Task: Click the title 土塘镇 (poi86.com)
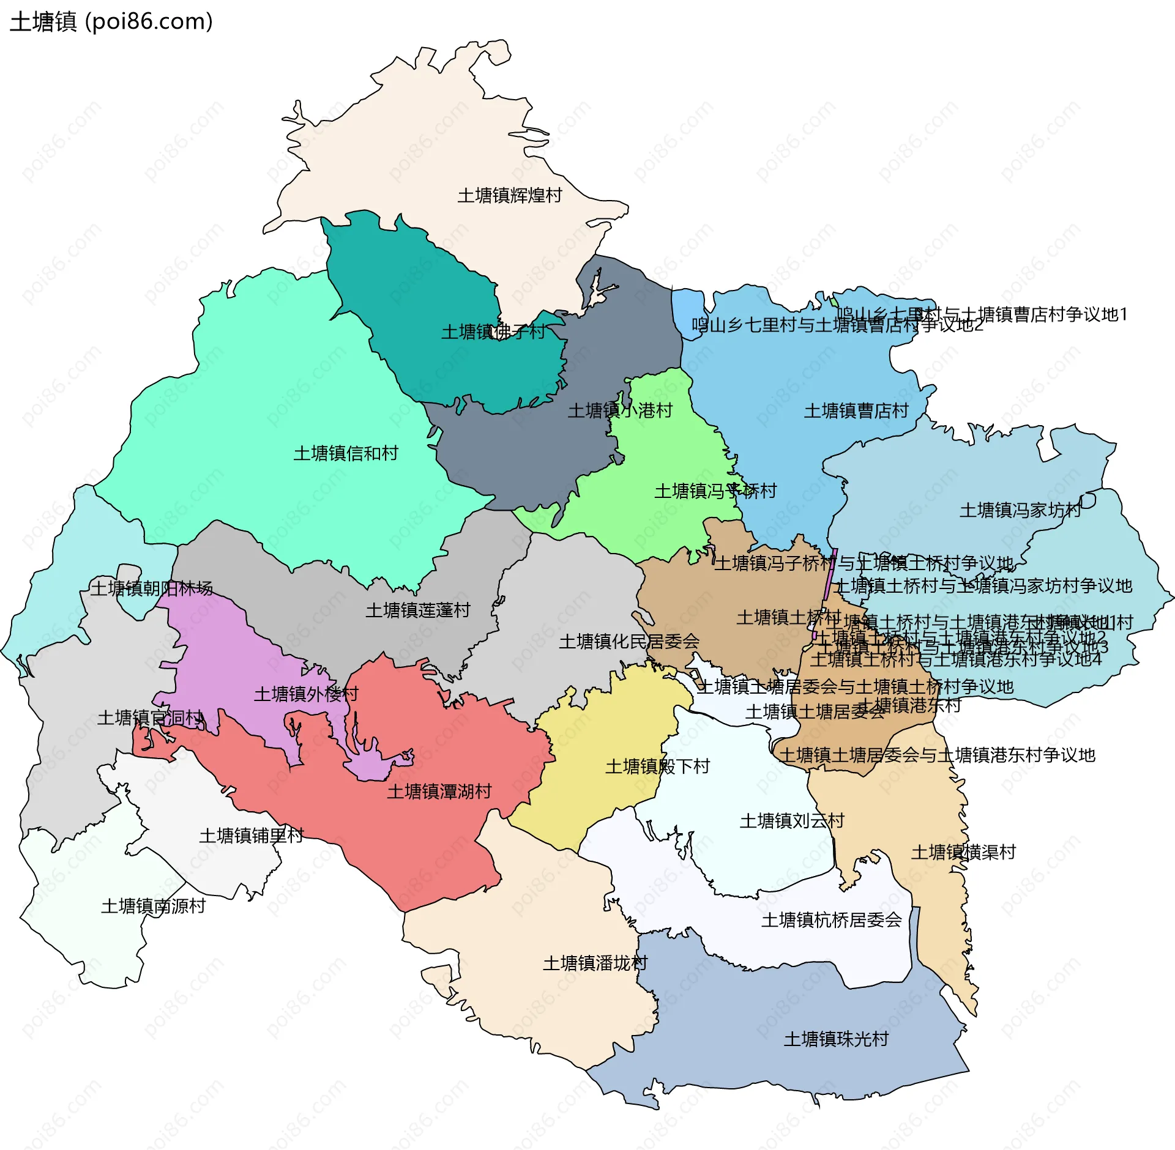tap(111, 22)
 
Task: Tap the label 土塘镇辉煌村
tap(509, 196)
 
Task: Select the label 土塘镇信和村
tap(346, 453)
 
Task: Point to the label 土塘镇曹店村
tap(856, 411)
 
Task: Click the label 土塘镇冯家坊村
tap(1020, 510)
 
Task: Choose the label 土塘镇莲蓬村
tap(417, 610)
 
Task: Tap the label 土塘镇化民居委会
tap(629, 642)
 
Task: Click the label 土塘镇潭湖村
tap(439, 792)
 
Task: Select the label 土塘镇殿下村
tap(657, 766)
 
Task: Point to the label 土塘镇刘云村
tap(792, 821)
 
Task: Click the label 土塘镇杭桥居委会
tap(831, 920)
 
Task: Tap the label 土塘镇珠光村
tap(836, 1039)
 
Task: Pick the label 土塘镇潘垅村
tap(595, 963)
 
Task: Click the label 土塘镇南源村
tap(153, 907)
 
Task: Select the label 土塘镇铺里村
tap(251, 836)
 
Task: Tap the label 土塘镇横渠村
tap(963, 852)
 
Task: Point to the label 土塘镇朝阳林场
tap(152, 588)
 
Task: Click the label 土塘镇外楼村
tap(306, 694)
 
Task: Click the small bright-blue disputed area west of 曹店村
tap(686, 308)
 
